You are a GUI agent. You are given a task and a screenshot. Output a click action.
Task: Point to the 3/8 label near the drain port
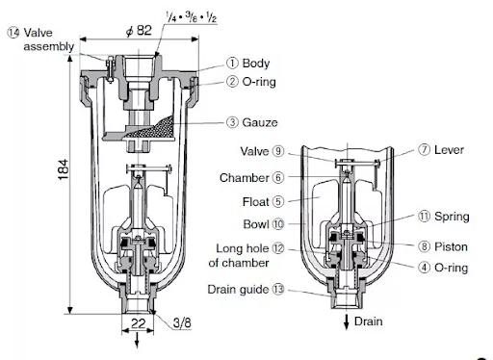[182, 324]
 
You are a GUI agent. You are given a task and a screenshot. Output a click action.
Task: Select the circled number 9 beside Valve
[276, 151]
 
